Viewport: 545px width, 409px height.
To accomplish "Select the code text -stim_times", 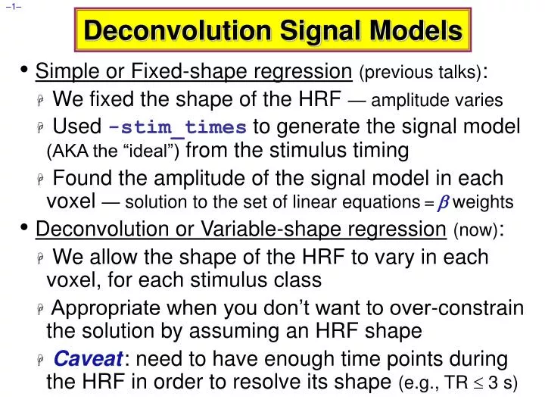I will click(x=178, y=127).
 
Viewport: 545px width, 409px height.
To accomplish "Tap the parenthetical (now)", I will click(x=476, y=229).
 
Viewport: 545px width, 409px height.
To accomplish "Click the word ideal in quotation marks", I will click(x=153, y=152).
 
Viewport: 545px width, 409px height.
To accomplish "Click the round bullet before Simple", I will click(x=26, y=71).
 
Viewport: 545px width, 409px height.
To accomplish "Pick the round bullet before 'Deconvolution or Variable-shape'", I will click(x=26, y=227).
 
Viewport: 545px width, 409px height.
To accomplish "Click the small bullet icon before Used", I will click(x=42, y=127).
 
